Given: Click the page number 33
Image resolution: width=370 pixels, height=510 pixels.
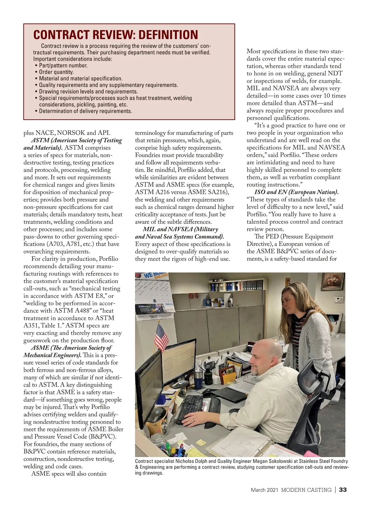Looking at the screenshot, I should [343, 490].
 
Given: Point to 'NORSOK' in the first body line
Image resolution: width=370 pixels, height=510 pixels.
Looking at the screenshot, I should [71, 133].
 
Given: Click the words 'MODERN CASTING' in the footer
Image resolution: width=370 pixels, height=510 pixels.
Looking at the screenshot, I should [306, 490].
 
